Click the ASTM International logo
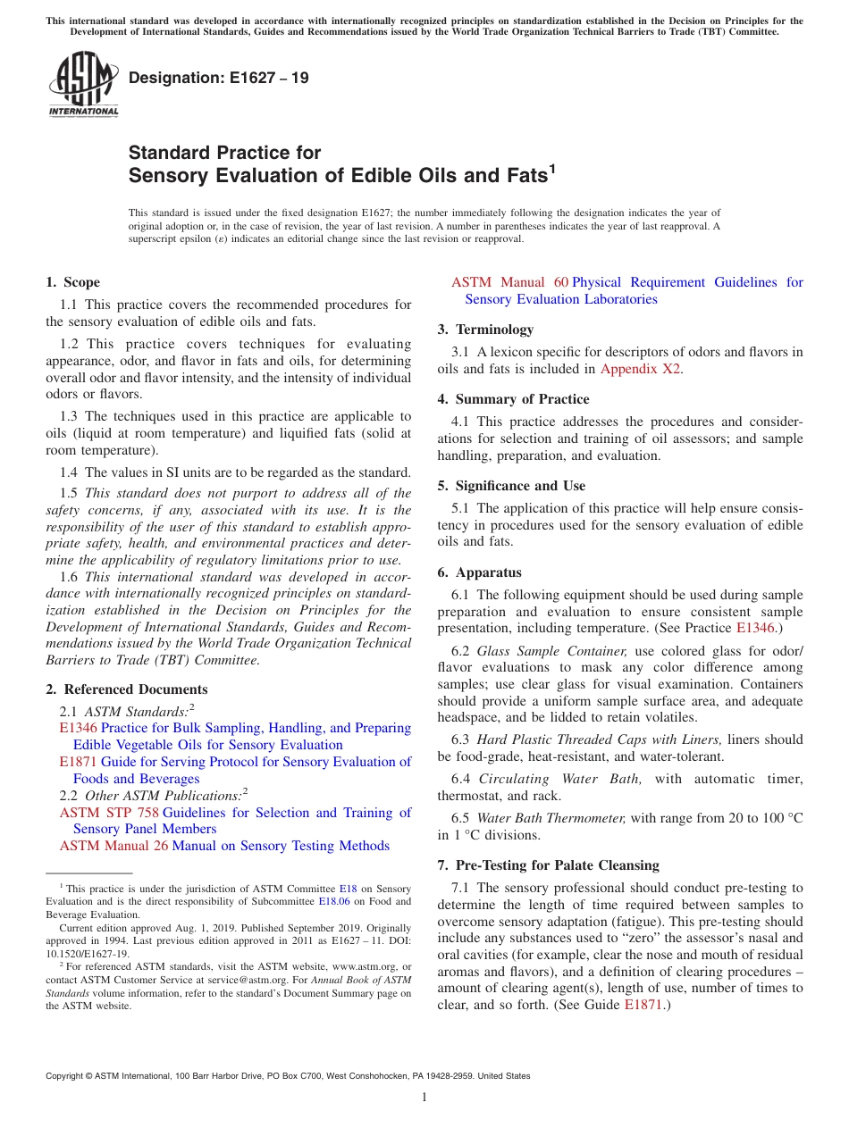coord(83,85)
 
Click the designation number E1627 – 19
coord(219,78)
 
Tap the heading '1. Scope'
coord(72,282)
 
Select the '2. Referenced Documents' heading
coord(126,689)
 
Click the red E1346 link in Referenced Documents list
coord(78,728)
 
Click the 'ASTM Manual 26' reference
coord(113,846)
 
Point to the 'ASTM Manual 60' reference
coord(509,282)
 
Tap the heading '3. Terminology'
coord(485,330)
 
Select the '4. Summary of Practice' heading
coord(513,399)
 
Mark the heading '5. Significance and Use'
coord(511,486)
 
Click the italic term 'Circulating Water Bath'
coord(559,779)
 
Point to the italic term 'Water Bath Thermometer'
coord(551,818)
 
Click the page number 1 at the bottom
coord(424,1098)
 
